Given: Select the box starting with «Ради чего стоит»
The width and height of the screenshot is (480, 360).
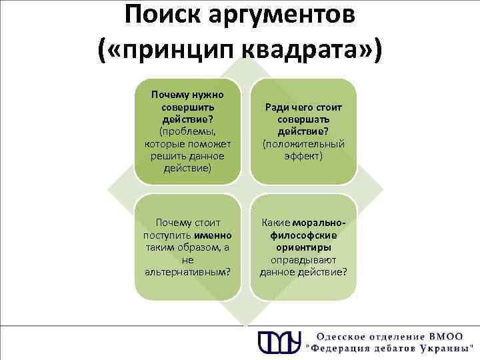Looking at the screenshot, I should point(303,131).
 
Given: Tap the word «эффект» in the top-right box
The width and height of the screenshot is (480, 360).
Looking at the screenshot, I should point(303,155).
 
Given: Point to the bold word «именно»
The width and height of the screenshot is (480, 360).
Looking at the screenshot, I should point(213,235).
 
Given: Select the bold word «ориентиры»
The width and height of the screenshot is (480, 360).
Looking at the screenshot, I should point(303,247).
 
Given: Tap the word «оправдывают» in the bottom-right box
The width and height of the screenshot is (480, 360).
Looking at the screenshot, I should point(303,259).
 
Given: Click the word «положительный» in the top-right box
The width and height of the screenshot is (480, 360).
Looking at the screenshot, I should point(304,143).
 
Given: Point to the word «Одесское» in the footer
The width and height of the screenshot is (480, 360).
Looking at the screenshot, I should point(342,335).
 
